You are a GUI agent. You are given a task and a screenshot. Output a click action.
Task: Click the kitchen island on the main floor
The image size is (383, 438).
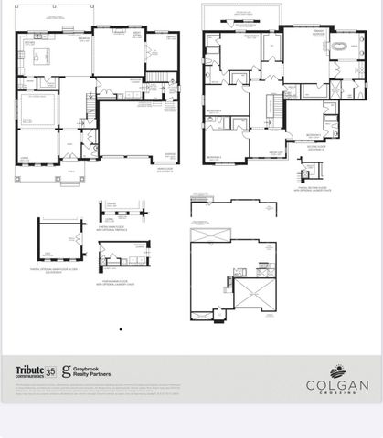point(42,57)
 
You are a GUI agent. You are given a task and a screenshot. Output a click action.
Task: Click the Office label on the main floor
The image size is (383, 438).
point(27,156)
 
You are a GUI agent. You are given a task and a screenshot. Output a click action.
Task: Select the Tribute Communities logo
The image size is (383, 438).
point(29,370)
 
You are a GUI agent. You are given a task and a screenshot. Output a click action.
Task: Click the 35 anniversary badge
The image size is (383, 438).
point(51,370)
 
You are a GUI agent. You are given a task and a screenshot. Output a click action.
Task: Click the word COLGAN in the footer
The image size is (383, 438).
point(336,384)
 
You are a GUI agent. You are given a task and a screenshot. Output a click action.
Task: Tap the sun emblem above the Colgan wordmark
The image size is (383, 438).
point(336,370)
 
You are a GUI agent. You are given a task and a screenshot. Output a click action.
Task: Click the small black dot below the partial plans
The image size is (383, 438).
point(121,329)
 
